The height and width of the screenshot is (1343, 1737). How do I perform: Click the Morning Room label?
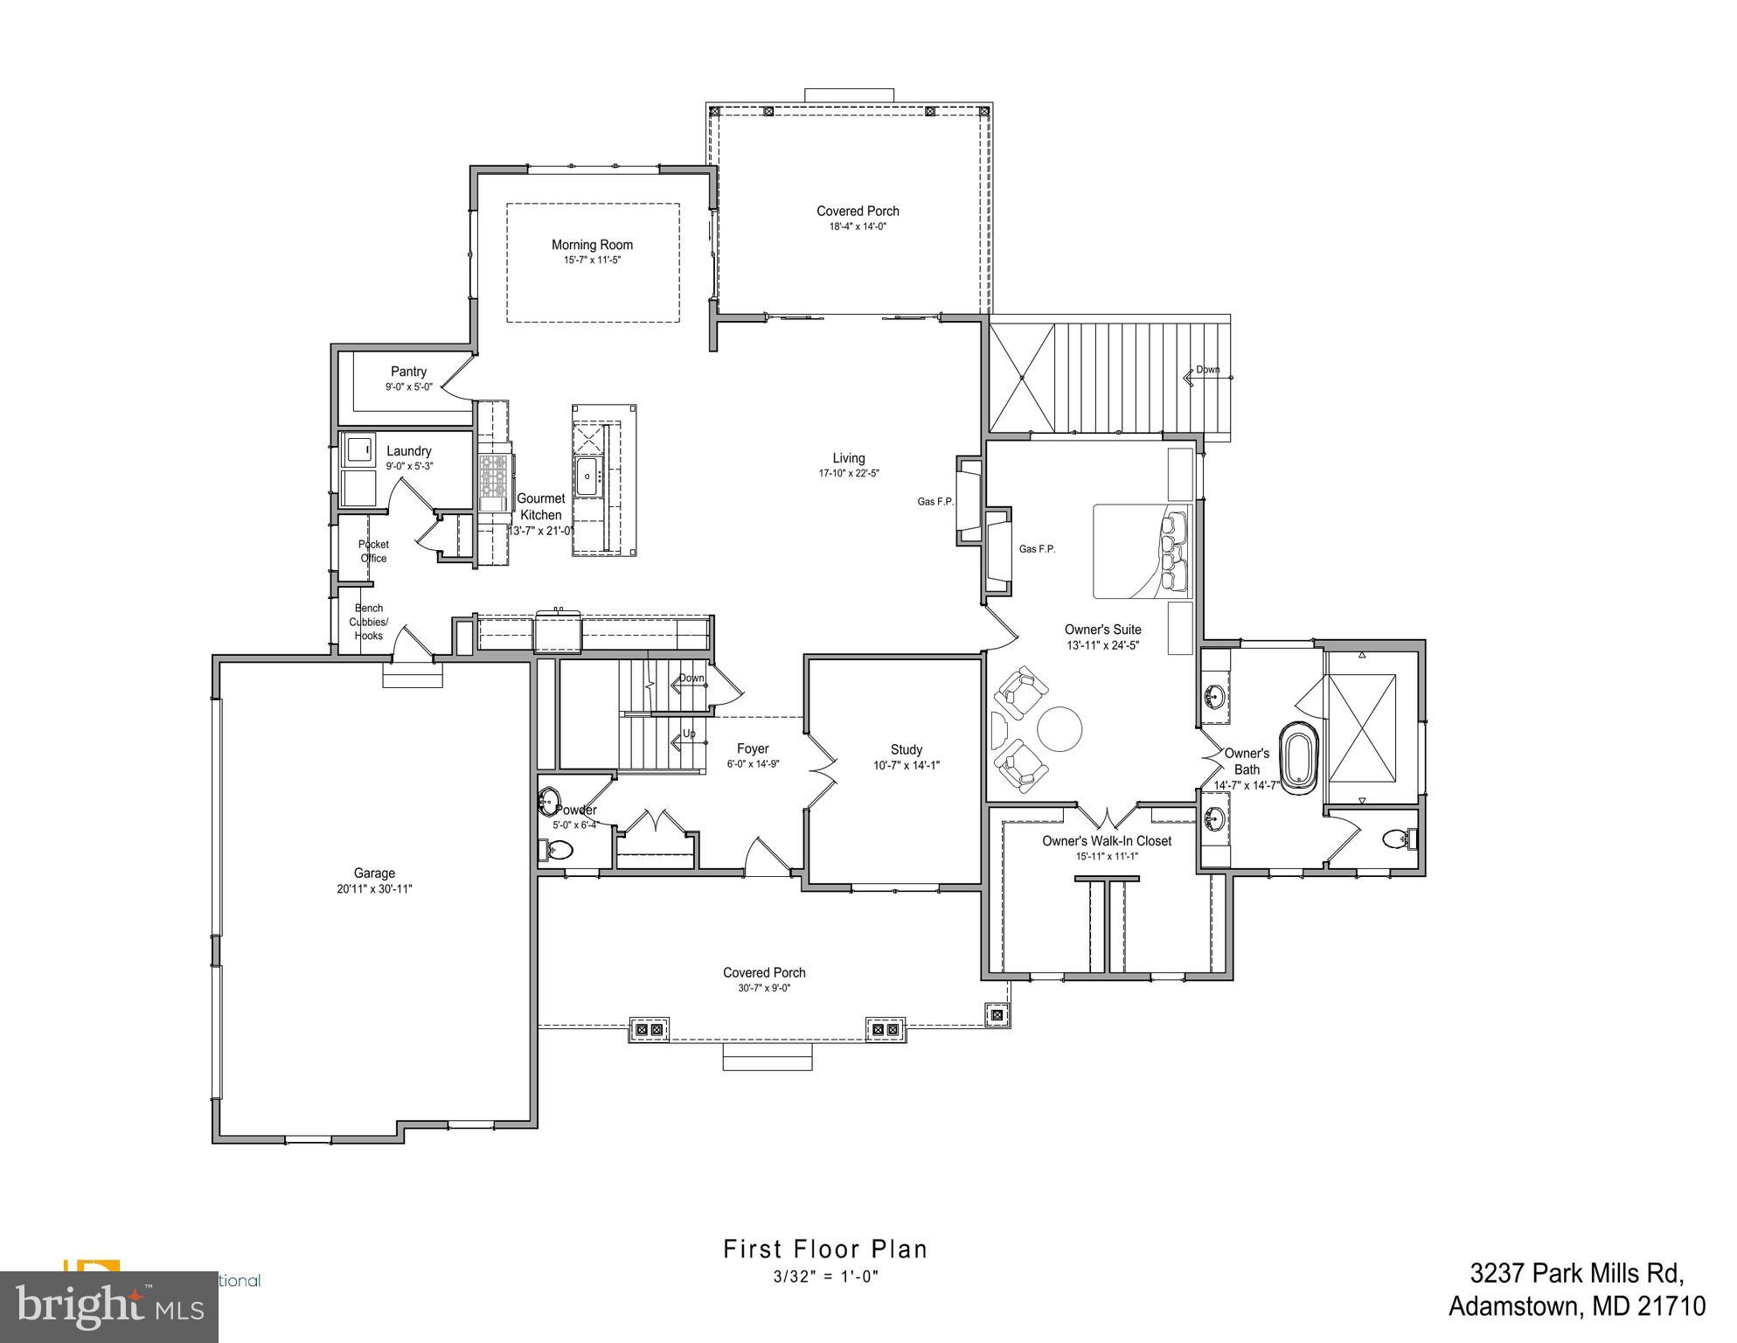(x=592, y=245)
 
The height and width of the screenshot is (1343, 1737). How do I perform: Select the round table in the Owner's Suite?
(x=1060, y=728)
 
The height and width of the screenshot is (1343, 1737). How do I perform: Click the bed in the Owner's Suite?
(x=1142, y=551)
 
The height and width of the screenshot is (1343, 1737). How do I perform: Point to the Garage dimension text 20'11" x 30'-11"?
(x=374, y=889)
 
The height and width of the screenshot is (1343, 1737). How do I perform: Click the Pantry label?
(x=408, y=372)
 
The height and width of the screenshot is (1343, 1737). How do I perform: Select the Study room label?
(x=906, y=749)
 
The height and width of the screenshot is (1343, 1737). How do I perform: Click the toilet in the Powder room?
(x=559, y=849)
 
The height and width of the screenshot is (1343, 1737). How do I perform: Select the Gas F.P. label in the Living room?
(x=935, y=502)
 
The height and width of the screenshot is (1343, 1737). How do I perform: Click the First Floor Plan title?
(x=824, y=1249)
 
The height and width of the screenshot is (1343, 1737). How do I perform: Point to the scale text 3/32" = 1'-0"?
(x=824, y=1277)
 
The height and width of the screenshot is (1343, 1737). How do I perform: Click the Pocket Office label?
(x=373, y=551)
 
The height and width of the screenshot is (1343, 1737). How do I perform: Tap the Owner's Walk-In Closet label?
(x=1106, y=841)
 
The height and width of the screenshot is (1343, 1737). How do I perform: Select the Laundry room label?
(x=408, y=451)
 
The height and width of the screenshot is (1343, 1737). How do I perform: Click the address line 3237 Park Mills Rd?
(x=1576, y=1296)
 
